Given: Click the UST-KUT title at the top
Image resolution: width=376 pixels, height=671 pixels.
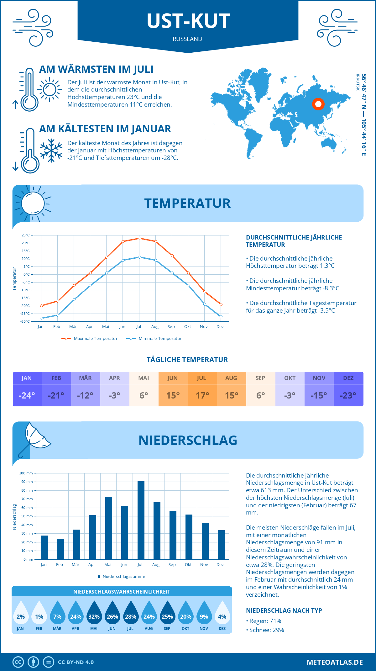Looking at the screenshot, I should coord(188,21).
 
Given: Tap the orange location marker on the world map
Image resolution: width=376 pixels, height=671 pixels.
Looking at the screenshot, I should coord(318,104).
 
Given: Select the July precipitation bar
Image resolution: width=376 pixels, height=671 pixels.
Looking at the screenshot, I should coord(141,520).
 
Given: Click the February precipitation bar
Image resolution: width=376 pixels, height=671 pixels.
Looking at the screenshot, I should coord(60,549).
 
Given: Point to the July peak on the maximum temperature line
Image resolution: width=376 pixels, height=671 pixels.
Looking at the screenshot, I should coord(139,238).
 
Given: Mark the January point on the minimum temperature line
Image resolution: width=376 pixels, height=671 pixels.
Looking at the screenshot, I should coord(41,318).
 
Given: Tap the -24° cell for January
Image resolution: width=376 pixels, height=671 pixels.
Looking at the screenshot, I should coord(27,395).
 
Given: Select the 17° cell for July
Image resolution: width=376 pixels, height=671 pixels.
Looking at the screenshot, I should coord(202,395).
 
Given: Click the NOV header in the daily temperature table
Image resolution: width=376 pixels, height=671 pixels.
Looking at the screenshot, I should coord(319,378).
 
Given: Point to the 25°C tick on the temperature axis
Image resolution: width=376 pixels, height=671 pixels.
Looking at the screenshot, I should coord(26,235).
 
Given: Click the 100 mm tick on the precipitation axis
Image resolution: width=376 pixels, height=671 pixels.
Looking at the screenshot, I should coord(26,473).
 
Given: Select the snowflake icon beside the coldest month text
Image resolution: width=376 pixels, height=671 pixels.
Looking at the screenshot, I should coord(51,151).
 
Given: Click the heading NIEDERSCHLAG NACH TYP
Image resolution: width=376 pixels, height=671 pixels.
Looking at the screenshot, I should coord(284,610).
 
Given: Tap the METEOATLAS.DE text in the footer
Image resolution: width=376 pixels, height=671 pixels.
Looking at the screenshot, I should coord(335,662).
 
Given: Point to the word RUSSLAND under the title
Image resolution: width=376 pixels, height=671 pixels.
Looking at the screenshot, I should coord(187,39).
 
